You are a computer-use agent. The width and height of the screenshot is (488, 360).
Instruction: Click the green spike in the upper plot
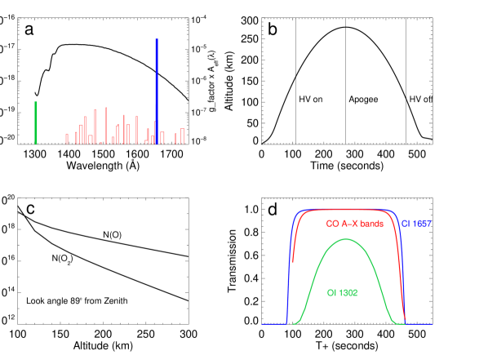(36, 122)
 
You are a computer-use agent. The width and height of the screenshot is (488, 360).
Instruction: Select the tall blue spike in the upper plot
(156, 90)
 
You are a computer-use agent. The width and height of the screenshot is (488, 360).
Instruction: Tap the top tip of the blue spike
(156, 39)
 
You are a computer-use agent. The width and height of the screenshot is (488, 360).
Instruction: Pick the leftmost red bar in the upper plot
(67, 139)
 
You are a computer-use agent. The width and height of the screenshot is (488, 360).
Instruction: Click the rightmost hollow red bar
(183, 136)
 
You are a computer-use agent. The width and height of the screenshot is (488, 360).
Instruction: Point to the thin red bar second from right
(175, 138)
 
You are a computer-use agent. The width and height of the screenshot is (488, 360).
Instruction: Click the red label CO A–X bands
(354, 224)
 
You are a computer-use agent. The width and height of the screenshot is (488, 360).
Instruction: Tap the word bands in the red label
(370, 224)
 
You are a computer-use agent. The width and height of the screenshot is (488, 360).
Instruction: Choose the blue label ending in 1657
(416, 224)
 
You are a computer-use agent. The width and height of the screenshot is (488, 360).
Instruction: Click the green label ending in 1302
(342, 292)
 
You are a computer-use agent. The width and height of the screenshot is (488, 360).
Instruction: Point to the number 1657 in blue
(422, 224)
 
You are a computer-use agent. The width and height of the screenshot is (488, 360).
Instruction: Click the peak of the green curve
(347, 238)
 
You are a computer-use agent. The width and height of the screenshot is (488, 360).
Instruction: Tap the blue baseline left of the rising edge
(273, 324)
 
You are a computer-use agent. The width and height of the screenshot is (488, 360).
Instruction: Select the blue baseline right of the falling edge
(423, 324)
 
